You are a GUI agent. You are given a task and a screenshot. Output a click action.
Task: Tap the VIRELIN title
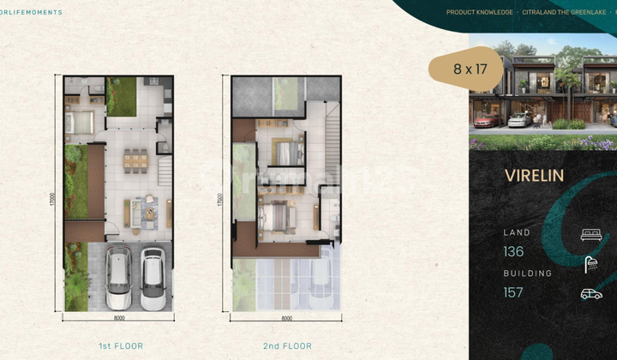coord(534,176)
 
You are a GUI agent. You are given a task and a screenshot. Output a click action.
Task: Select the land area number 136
coord(513,252)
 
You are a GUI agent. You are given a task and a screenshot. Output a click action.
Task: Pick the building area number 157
coord(513,292)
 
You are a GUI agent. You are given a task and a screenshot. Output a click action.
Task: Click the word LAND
coord(517,232)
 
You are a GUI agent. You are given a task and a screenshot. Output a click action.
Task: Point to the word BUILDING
coord(528,273)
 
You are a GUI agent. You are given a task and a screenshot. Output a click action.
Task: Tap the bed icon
coord(590,234)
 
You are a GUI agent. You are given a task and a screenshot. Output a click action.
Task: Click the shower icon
coord(590,264)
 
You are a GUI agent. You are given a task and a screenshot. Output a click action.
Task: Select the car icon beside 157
coord(590,294)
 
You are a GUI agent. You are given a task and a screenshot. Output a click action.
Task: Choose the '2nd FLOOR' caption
coord(287,346)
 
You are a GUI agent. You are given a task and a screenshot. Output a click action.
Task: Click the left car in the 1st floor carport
coord(118,278)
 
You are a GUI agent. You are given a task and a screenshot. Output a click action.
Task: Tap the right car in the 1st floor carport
coord(153,278)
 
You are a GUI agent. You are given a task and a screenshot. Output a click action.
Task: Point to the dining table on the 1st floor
coord(135,160)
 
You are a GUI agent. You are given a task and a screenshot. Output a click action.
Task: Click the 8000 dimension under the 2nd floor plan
coord(287,318)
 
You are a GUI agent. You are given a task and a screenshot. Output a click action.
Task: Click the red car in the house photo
coord(485,120)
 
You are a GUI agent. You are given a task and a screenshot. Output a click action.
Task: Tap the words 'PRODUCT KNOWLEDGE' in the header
coord(480,12)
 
